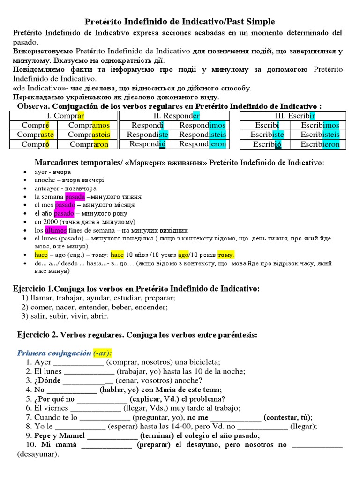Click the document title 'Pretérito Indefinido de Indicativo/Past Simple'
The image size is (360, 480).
[x=180, y=22]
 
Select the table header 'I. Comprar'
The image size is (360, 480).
[x=65, y=116]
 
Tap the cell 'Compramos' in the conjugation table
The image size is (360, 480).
[x=89, y=125]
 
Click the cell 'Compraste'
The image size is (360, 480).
[x=36, y=135]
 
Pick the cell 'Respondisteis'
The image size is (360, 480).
[x=202, y=135]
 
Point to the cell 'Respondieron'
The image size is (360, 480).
[x=202, y=144]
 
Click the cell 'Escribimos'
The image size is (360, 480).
[x=320, y=125]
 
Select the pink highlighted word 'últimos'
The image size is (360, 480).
[x=56, y=230]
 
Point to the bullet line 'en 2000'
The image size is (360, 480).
[x=84, y=222]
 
